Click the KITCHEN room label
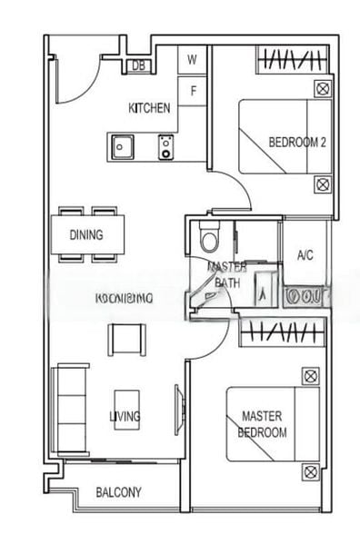(149, 108)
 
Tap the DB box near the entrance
(139, 65)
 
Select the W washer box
(192, 61)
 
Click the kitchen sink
(122, 144)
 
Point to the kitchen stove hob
(166, 145)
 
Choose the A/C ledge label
(305, 255)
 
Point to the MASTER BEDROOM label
(264, 424)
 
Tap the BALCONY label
(118, 493)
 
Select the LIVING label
(125, 417)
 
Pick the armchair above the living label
(125, 340)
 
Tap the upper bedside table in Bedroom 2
(322, 89)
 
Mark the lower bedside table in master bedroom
(310, 471)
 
